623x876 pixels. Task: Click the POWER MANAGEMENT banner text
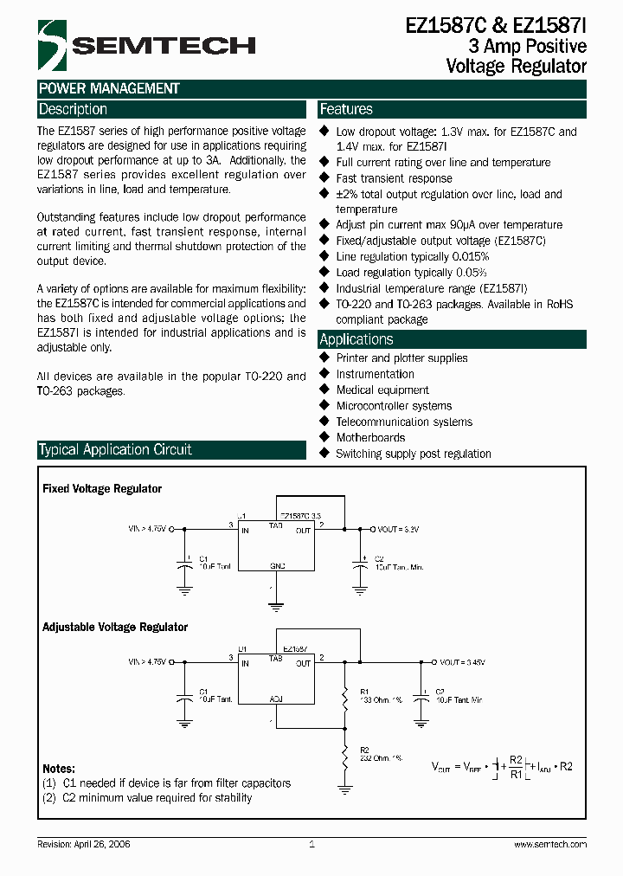[x=109, y=88]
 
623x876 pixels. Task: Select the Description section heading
[x=74, y=110]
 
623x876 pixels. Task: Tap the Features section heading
[x=346, y=110]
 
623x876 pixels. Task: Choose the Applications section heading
[x=356, y=339]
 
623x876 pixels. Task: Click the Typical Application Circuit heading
[x=115, y=449]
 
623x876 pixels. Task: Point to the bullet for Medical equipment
[x=325, y=390]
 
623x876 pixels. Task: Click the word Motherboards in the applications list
[x=370, y=438]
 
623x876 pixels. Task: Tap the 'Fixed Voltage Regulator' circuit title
[x=102, y=489]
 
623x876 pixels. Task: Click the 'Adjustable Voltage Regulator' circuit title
[x=115, y=627]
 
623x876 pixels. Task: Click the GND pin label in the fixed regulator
[x=277, y=564]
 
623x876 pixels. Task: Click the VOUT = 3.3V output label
[x=398, y=528]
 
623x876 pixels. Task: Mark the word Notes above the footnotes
[x=59, y=769]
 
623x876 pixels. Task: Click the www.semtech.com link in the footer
[x=550, y=844]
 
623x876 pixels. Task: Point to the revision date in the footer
[x=84, y=844]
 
